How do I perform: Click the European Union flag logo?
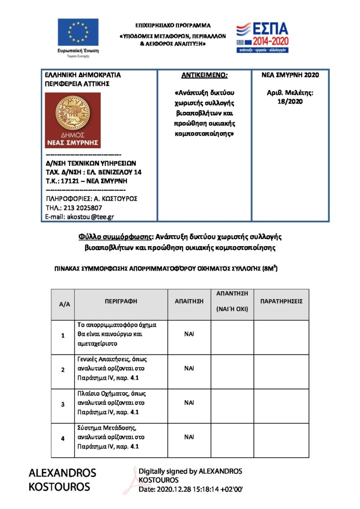point(78,33)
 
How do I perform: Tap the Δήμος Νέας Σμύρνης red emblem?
point(73,120)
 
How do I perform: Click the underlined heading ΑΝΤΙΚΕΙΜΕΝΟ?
point(204,76)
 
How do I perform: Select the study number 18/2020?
point(290,101)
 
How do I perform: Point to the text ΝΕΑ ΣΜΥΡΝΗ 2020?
point(290,75)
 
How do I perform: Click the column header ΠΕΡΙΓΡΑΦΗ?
point(121,301)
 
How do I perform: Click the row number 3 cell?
point(63,404)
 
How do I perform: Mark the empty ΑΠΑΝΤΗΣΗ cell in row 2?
point(232,369)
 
